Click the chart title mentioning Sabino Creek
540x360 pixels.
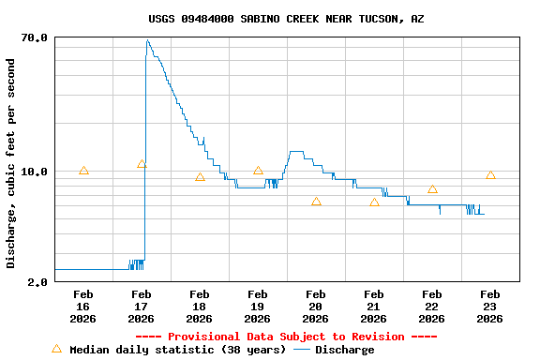click(x=286, y=19)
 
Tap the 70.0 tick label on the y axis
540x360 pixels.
click(x=35, y=37)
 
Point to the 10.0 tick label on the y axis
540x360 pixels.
click(x=35, y=172)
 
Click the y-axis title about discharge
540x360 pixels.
click(x=11, y=163)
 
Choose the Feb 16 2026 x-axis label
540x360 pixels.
click(x=82, y=307)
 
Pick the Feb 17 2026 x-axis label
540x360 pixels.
click(x=141, y=307)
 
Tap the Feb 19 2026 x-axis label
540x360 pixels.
click(x=257, y=307)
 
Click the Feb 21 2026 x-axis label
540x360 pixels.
click(x=373, y=307)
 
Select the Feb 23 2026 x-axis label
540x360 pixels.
click(x=489, y=307)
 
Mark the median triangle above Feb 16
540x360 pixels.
click(x=83, y=171)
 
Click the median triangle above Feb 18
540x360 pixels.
click(x=200, y=177)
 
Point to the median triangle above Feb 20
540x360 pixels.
click(x=316, y=202)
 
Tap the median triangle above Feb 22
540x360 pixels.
click(x=432, y=189)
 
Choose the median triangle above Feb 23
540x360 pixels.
click(x=490, y=175)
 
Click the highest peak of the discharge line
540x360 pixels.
click(x=147, y=40)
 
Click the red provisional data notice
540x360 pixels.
click(x=286, y=337)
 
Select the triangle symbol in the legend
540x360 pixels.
click(x=56, y=349)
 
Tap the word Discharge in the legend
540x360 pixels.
click(x=344, y=350)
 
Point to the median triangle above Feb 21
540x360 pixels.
click(x=374, y=202)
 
